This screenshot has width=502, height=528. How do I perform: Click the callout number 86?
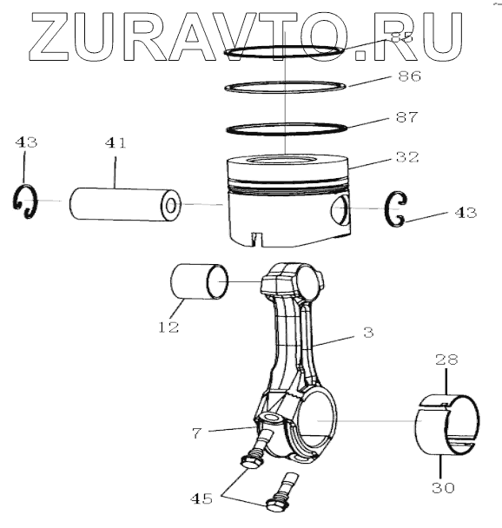pos(409,76)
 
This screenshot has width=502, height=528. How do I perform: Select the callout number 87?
pos(406,117)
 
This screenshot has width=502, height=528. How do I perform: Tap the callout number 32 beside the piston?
pos(407,157)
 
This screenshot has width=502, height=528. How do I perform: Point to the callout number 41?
pos(116,143)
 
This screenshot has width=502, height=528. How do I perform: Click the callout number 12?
pos(168,327)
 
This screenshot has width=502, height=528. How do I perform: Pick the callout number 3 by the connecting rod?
pos(369,333)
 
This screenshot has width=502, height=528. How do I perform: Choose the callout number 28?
pos(446,360)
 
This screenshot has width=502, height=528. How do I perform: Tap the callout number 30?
pos(444,487)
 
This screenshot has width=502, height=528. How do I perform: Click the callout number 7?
pos(197,433)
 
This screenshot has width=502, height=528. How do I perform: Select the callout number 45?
pos(201,498)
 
